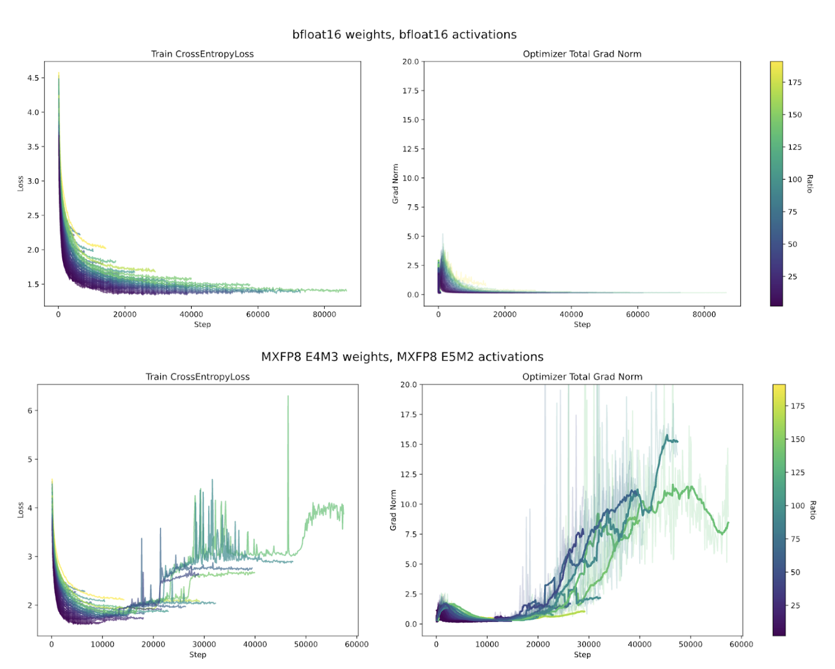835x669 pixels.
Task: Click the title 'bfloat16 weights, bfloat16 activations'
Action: point(404,35)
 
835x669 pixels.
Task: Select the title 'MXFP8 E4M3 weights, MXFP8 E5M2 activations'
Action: point(402,357)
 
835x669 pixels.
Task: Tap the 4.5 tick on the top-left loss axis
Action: point(33,78)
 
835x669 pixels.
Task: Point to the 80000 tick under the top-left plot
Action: point(324,315)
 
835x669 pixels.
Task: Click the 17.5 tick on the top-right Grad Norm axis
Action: point(410,91)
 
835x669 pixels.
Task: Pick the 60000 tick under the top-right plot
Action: point(638,315)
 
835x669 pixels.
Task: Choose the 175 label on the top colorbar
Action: point(795,83)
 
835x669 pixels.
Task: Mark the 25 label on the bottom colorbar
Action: point(795,606)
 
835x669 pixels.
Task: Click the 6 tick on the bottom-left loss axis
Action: point(29,411)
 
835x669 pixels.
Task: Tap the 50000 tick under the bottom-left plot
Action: point(305,644)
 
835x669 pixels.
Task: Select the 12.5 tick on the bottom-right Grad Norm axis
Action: point(408,474)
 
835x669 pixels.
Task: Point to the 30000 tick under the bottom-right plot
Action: point(588,644)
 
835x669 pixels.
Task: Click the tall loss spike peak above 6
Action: point(288,396)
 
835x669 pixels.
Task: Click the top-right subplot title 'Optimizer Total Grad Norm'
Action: point(582,54)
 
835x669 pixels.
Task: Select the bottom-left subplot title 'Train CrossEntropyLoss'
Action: point(197,377)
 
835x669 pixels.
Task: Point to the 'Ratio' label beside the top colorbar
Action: point(810,184)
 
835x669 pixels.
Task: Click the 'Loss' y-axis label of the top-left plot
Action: point(20,183)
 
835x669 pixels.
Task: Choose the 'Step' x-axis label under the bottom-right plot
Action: point(582,655)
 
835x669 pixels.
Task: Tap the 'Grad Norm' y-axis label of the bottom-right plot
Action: point(393,510)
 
